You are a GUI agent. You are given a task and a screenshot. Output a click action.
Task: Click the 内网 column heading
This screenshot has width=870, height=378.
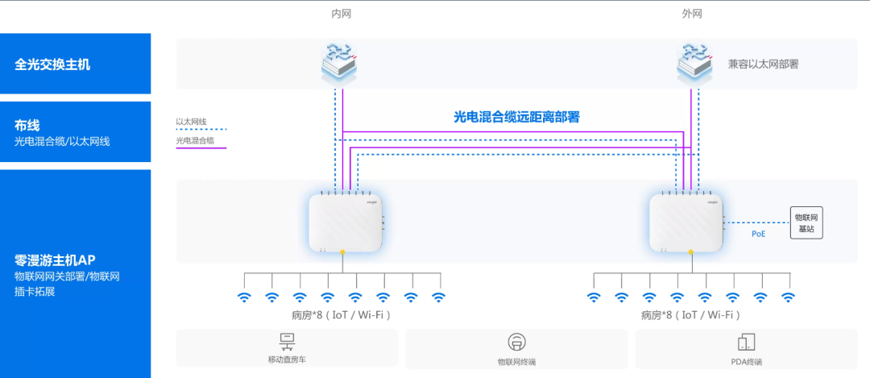click(x=342, y=14)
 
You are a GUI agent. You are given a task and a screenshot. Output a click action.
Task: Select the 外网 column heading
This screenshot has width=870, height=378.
click(x=692, y=14)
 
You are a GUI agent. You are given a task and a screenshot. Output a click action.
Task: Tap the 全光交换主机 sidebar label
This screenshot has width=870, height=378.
click(x=52, y=64)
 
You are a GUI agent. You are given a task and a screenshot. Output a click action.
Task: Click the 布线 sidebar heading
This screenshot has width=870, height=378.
click(x=27, y=125)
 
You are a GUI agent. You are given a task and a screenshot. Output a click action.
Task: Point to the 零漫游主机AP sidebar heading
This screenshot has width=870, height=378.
click(x=55, y=260)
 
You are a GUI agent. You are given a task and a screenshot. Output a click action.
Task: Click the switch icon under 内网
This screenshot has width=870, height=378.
click(x=338, y=63)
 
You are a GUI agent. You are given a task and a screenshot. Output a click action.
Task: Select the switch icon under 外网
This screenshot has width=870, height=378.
click(x=694, y=63)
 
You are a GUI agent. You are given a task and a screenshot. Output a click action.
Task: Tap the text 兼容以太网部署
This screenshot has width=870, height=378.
click(x=763, y=64)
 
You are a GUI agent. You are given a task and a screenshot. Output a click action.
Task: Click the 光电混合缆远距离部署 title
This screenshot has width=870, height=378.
click(x=516, y=117)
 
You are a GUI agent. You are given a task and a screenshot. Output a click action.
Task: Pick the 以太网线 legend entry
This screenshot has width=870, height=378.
click(x=192, y=122)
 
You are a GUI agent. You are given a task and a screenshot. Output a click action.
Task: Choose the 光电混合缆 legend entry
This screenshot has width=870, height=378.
click(x=195, y=141)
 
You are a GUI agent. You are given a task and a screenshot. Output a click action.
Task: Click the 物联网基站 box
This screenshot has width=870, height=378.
click(x=806, y=222)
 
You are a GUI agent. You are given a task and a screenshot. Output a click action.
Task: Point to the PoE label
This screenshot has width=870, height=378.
click(x=758, y=234)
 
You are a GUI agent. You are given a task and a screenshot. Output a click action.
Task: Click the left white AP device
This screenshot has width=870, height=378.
click(x=346, y=223)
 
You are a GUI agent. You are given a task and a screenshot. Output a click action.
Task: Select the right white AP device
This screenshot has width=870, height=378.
click(x=687, y=223)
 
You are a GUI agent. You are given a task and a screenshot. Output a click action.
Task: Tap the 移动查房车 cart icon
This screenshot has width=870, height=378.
click(x=286, y=341)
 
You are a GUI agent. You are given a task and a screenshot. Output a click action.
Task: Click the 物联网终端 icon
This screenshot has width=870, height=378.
click(x=516, y=342)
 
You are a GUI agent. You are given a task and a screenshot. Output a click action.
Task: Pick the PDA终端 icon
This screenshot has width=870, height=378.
click(x=747, y=342)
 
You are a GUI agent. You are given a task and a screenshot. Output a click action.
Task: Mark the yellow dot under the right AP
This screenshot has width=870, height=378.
click(x=690, y=252)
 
